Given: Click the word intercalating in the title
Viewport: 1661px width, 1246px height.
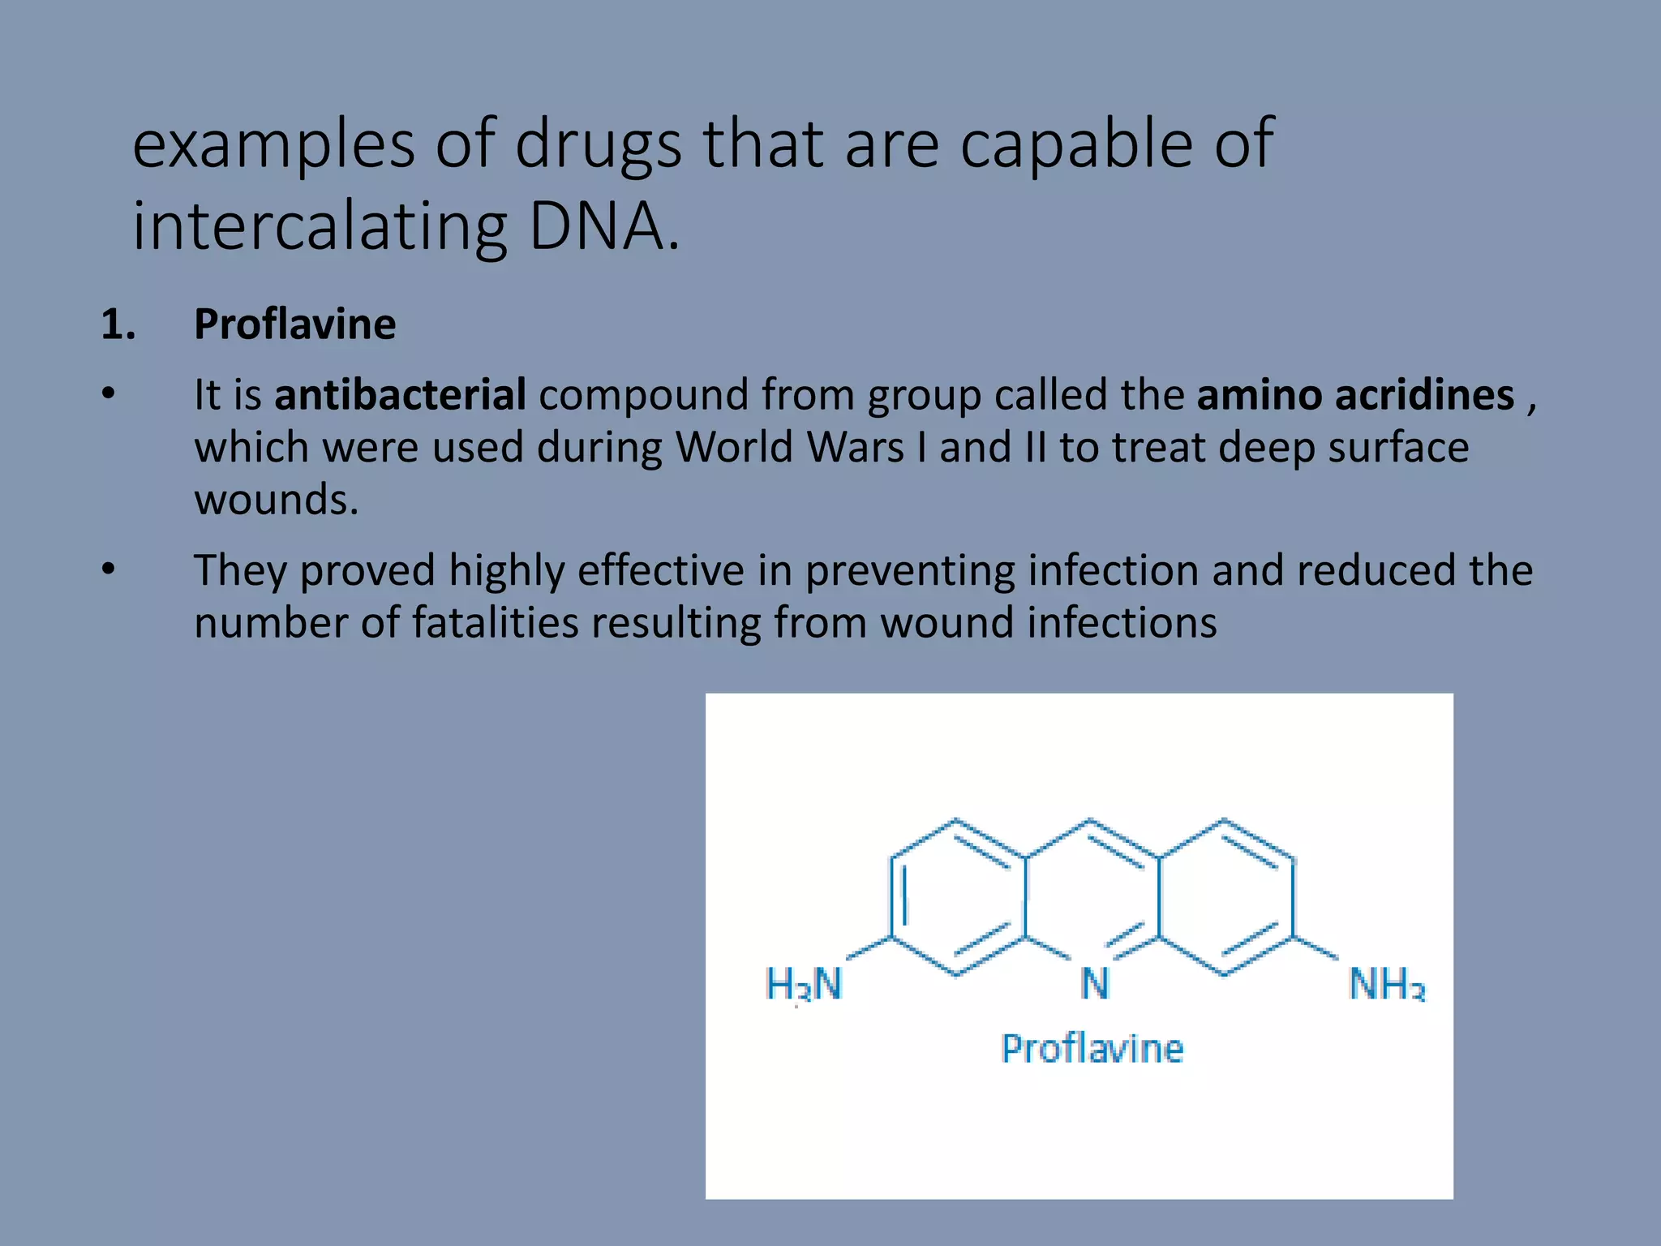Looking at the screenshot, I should point(320,227).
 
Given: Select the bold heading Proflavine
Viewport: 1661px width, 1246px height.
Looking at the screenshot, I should point(294,324).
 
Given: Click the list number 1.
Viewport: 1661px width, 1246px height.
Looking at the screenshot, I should point(118,324).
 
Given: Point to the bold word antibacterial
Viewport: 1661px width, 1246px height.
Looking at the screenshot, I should point(400,395).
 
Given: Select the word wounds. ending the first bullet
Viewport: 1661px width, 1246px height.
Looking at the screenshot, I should point(276,499).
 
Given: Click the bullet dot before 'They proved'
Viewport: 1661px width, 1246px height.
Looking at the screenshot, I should point(109,569).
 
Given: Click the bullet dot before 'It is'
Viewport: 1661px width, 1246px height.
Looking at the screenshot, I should point(109,394).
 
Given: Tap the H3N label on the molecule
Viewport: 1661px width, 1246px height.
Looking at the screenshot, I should point(804,984).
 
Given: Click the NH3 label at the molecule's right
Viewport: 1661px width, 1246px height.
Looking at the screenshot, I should point(1386,984).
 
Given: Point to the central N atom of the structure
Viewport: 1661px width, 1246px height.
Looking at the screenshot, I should point(1094,984).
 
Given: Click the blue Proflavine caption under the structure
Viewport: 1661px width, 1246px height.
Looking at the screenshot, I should point(1092,1049).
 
